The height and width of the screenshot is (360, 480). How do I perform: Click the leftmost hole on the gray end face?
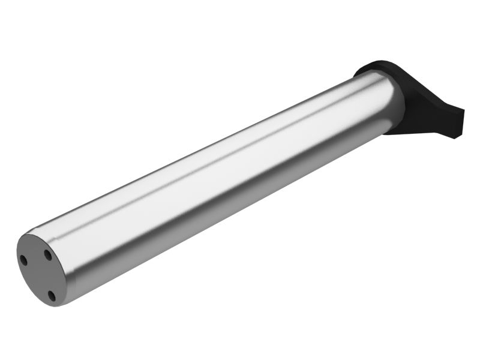pyautogui.click(x=23, y=260)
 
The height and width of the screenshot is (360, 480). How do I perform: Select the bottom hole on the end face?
pyautogui.click(x=52, y=295)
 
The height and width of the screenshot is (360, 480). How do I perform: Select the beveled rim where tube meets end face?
pyautogui.click(x=62, y=264)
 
